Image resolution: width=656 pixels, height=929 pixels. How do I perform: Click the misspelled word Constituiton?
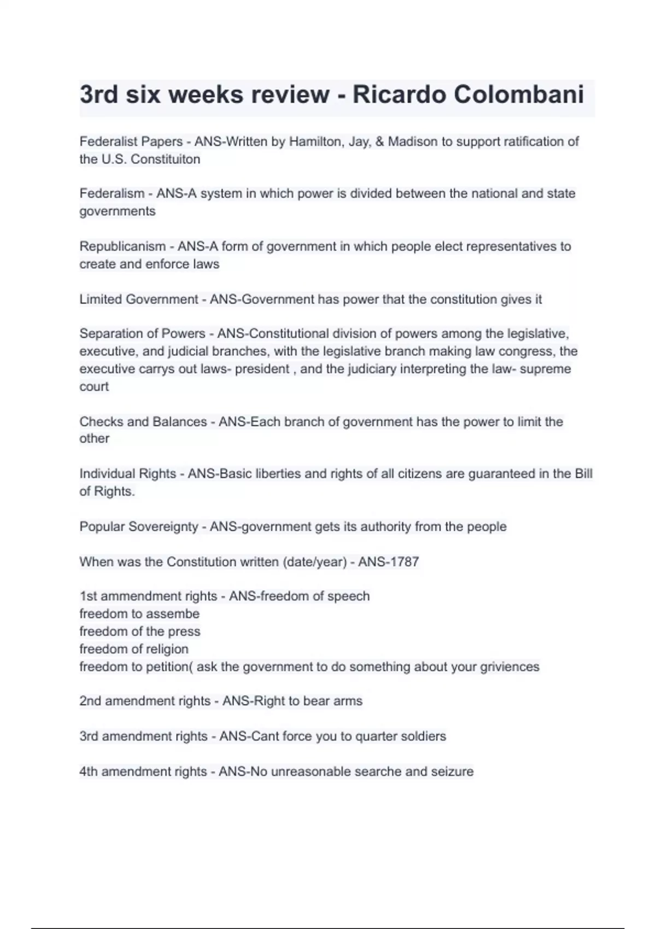point(165,160)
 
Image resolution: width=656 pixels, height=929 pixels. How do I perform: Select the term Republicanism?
point(122,246)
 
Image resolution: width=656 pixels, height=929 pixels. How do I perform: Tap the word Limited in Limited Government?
point(101,299)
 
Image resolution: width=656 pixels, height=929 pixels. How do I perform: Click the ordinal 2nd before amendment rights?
point(90,701)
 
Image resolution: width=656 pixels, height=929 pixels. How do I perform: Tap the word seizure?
point(452,772)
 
